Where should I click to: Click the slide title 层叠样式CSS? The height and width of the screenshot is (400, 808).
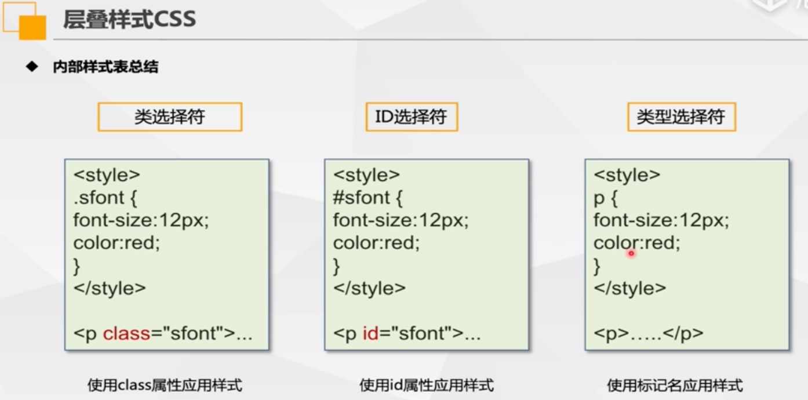129,19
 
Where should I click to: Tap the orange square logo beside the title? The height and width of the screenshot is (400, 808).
32,27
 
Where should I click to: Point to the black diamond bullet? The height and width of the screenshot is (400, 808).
32,66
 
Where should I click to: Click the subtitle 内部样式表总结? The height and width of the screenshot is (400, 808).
105,67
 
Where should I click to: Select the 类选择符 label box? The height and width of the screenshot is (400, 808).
170,117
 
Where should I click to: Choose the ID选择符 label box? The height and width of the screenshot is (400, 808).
412,117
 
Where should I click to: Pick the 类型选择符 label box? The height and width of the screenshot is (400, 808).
682,117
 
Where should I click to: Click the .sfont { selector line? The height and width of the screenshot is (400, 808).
105,198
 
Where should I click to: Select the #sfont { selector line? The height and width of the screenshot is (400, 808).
367,198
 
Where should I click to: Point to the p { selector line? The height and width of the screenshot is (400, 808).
606,198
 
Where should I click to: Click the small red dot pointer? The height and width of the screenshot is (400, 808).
631,253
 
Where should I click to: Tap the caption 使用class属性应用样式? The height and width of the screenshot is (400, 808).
165,385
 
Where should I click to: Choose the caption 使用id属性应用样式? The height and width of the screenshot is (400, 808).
427,385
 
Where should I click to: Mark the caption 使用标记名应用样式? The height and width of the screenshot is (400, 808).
675,385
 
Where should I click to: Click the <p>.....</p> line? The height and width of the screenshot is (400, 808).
648,333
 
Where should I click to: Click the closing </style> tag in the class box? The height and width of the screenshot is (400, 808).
110,288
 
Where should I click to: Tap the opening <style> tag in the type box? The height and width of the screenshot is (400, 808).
627,175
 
